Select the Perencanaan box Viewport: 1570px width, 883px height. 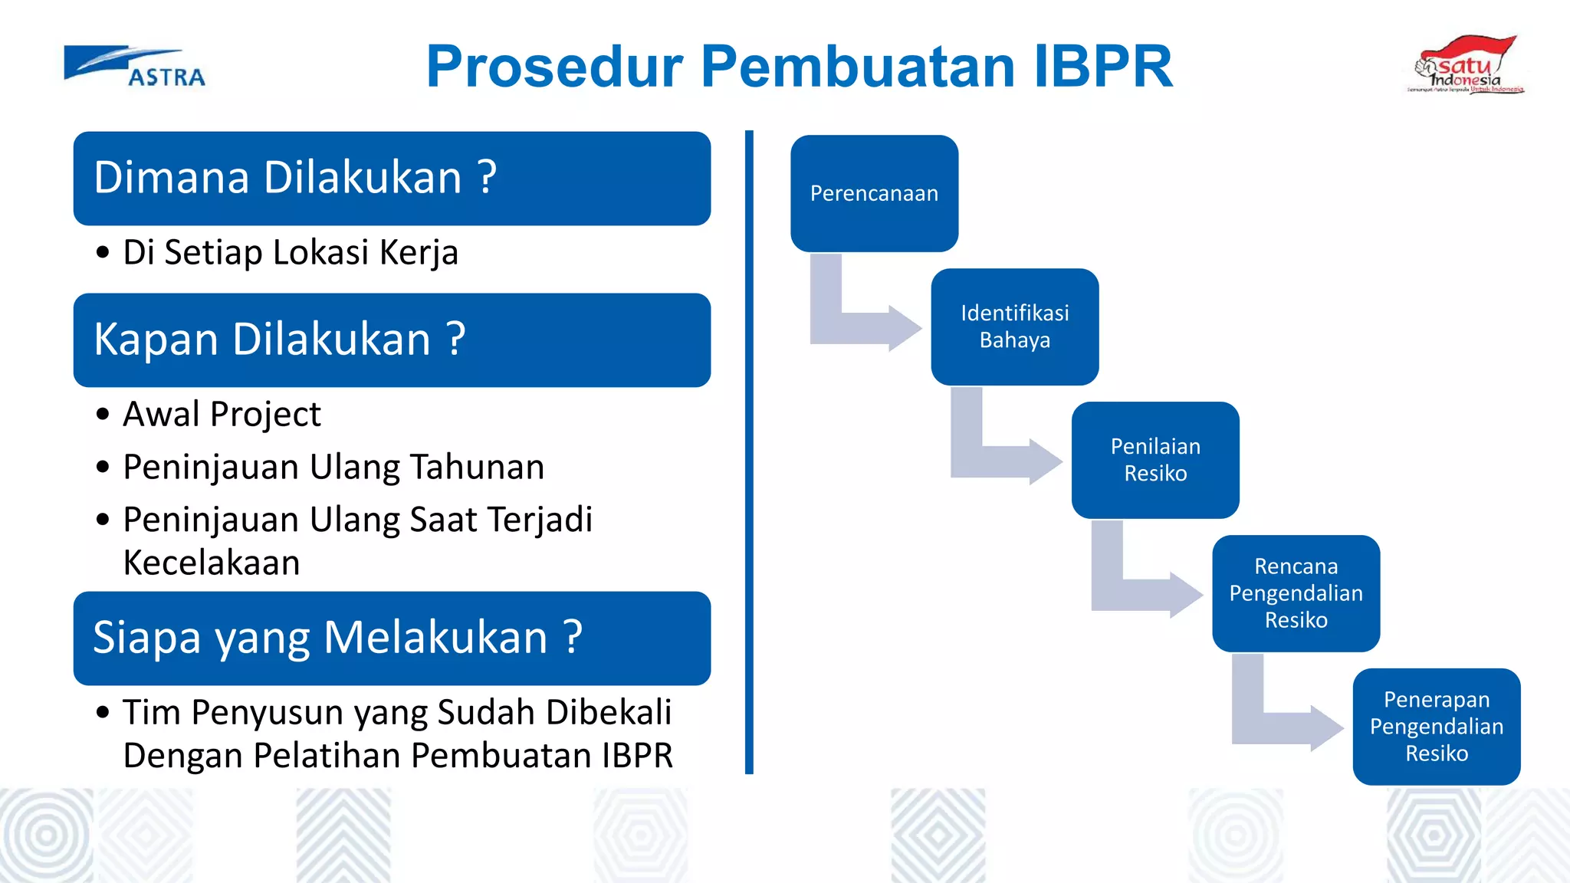point(874,193)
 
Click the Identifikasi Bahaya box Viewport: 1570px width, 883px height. point(1014,327)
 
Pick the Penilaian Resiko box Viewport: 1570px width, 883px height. point(1155,460)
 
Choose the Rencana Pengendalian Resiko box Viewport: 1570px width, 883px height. point(1296,593)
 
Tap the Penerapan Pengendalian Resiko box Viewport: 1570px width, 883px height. point(1437,727)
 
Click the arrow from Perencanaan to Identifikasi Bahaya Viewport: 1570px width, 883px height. point(859,327)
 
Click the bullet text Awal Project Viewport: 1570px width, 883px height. point(222,415)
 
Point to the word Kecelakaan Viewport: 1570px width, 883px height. point(212,563)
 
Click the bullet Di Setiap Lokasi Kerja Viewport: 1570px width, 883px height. point(291,253)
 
